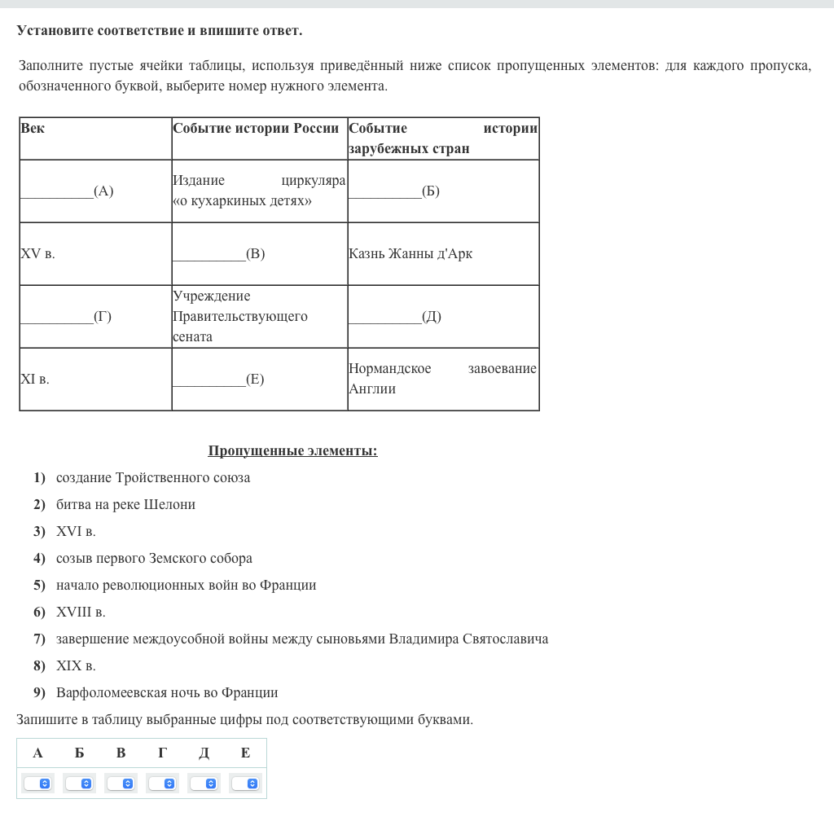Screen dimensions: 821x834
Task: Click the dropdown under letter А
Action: pos(37,784)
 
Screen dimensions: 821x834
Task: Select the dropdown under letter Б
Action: pos(79,784)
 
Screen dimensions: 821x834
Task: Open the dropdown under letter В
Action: pos(121,784)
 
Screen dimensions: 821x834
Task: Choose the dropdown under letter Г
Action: pos(162,784)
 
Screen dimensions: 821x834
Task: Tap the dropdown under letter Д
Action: pos(204,784)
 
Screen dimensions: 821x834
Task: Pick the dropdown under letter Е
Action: pos(245,784)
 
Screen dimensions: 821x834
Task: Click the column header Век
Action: pos(33,128)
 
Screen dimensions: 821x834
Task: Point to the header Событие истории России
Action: pos(256,128)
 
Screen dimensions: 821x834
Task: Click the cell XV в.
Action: pos(37,254)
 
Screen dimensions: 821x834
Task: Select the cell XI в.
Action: pos(35,380)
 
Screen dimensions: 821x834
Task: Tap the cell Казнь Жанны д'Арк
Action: pos(410,254)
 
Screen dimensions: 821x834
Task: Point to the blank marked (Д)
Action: pos(394,317)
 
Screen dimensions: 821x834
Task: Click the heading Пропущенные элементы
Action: pos(292,451)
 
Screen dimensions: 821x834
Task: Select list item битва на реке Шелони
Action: pos(125,505)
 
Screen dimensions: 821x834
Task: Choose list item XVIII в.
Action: pos(81,612)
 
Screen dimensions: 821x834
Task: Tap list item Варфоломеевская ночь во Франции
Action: pos(167,693)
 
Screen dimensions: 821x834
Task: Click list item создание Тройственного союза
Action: pos(153,478)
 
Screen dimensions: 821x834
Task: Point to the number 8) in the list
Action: pos(39,666)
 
